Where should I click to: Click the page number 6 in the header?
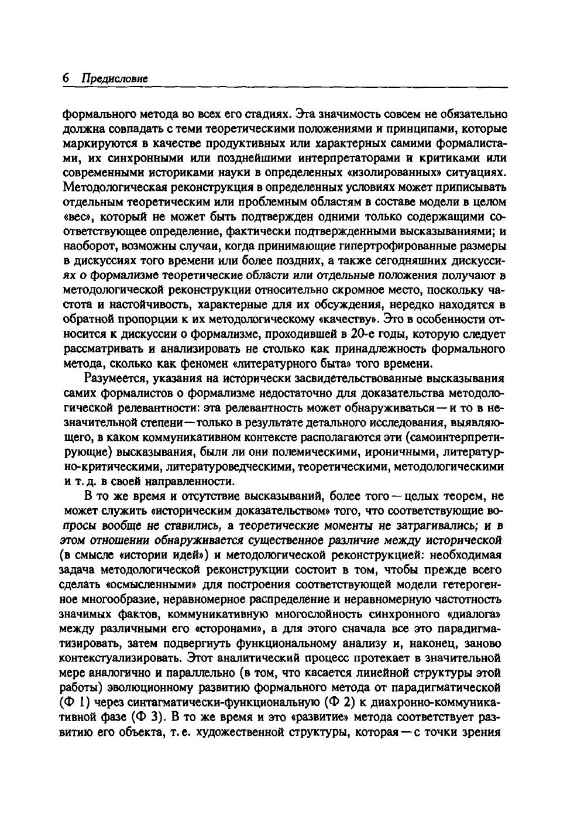click(66, 78)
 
